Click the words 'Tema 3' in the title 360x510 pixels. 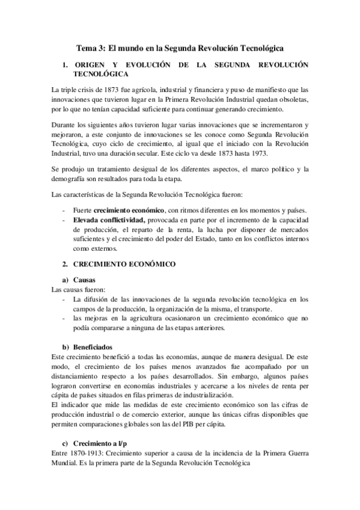point(90,47)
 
